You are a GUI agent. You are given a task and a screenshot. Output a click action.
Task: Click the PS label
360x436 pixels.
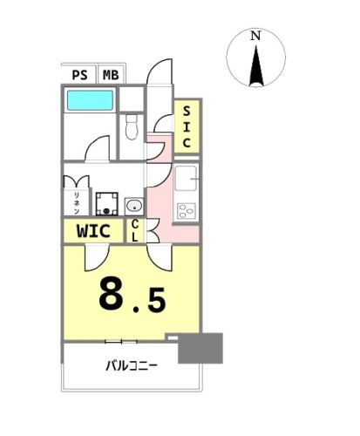79,75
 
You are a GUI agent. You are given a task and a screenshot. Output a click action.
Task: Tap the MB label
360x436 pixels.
111,75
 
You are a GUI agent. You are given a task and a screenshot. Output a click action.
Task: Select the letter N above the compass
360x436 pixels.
255,36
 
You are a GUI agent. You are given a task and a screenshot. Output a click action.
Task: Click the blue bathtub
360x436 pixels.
90,100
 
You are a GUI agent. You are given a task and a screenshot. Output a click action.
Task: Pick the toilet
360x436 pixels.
132,127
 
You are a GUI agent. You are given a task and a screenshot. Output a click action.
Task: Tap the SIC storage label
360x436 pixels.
187,126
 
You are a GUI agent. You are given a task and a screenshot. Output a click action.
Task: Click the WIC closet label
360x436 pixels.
93,231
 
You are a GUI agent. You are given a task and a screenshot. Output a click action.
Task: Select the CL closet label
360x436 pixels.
134,231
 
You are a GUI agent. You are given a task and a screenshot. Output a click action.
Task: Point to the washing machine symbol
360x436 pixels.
106,204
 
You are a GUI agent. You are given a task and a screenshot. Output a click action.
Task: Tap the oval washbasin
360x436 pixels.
134,206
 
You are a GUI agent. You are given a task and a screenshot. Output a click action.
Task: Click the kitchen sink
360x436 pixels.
187,178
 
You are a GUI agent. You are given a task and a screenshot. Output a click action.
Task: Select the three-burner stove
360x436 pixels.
186,211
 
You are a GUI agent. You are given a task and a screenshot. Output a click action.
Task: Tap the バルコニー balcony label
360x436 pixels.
132,365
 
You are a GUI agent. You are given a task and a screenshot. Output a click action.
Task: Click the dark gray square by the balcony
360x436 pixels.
200,348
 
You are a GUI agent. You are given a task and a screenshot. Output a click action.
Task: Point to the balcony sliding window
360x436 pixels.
121,342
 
